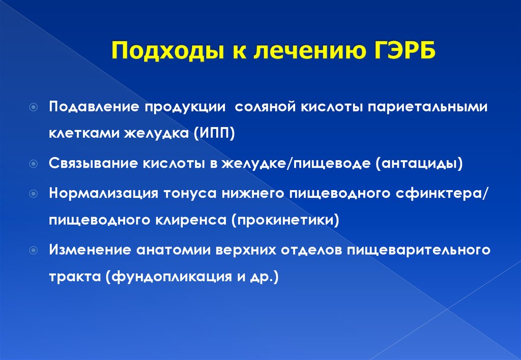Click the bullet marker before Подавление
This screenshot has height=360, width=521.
[34, 107]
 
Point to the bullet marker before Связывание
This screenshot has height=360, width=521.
[34, 164]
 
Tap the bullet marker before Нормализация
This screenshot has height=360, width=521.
[34, 194]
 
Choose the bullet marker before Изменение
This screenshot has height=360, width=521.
[34, 250]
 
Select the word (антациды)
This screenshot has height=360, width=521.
[419, 163]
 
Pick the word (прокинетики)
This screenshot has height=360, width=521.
[285, 220]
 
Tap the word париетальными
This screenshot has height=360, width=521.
[427, 107]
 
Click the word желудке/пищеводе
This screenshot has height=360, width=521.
[296, 163]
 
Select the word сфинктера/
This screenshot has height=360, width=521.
[442, 193]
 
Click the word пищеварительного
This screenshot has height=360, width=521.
[419, 250]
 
